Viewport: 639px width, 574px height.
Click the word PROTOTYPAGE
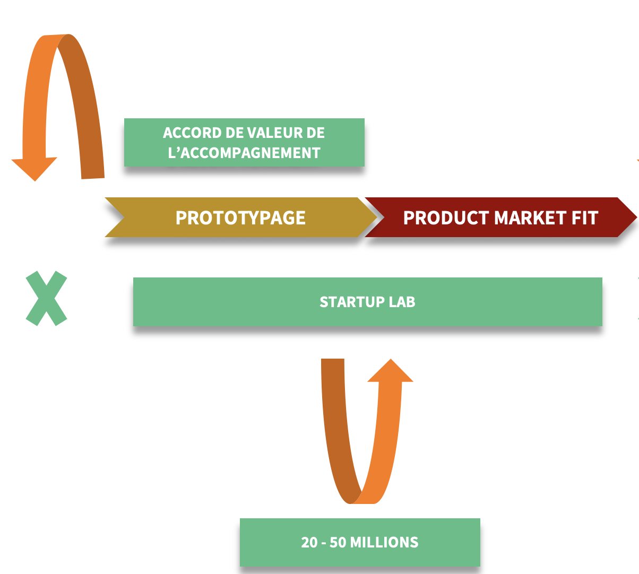240,218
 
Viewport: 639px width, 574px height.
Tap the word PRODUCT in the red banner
446,218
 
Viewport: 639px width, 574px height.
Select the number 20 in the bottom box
309,542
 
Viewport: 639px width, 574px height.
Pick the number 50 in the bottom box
338,542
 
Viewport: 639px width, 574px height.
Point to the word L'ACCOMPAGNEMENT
244,153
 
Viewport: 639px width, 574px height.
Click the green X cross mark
47,298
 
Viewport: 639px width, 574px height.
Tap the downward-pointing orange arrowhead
34,169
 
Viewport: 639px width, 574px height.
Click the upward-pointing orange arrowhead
391,371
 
